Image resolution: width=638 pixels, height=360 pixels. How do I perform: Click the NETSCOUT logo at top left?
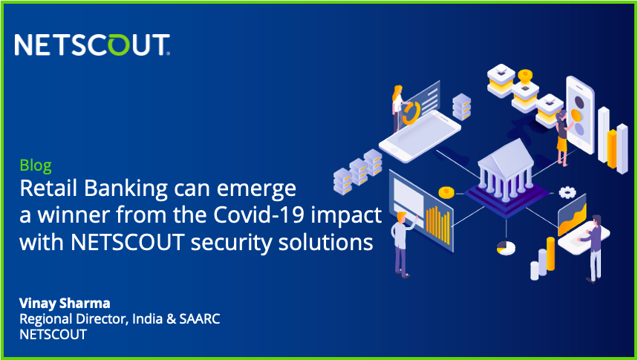pyautogui.click(x=92, y=45)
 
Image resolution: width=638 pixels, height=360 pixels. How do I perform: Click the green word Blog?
pyautogui.click(x=36, y=166)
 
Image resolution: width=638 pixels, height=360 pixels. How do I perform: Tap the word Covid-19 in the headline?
pyautogui.click(x=275, y=215)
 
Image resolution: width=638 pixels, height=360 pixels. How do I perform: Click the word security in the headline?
pyautogui.click(x=235, y=242)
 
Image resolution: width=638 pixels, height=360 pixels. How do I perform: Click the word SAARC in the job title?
pyautogui.click(x=201, y=318)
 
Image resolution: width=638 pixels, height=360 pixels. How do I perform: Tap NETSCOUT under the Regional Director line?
pyautogui.click(x=53, y=335)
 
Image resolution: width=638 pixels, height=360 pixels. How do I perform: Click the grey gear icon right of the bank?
pyautogui.click(x=568, y=192)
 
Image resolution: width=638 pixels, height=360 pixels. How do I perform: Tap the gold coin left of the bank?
pyautogui.click(x=446, y=193)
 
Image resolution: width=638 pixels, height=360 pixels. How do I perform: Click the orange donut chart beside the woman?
pyautogui.click(x=409, y=113)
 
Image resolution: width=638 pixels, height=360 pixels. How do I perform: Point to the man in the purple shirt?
pyautogui.click(x=594, y=245)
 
